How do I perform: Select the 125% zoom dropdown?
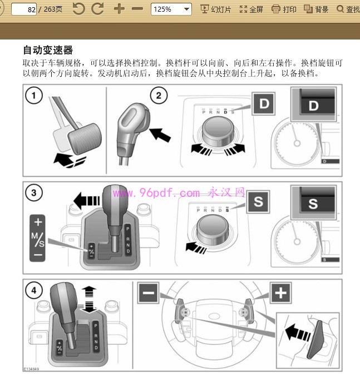point(171,9)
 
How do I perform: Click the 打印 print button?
point(284,9)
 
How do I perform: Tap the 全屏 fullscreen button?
point(251,9)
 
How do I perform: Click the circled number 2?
point(158,96)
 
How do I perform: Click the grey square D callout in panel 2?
point(264,103)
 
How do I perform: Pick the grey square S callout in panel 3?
point(258,201)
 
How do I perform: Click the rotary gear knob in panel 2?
point(218,132)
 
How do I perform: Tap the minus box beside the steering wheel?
point(149,292)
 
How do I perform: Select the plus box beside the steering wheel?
point(281,292)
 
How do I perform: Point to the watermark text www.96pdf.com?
point(156,193)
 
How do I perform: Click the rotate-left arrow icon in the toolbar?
point(79,9)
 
